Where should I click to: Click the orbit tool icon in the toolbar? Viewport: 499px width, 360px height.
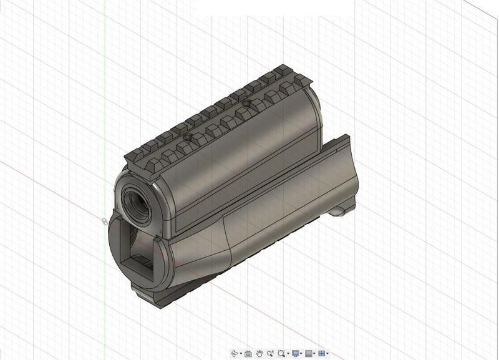[x=235, y=354]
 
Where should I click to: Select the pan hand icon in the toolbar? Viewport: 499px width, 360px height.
[x=259, y=354]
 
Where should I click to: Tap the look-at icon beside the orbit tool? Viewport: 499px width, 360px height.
[x=248, y=354]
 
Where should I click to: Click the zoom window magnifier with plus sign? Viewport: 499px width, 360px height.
[x=271, y=354]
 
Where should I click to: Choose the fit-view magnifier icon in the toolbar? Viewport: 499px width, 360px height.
[x=282, y=354]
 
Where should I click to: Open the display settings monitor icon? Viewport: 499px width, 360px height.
[x=296, y=354]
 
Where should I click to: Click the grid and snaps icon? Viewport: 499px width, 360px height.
[x=309, y=354]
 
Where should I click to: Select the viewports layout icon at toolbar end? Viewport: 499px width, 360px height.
[x=322, y=354]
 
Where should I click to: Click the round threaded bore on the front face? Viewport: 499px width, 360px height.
[x=137, y=199]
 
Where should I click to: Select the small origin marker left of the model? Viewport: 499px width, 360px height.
[x=104, y=220]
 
